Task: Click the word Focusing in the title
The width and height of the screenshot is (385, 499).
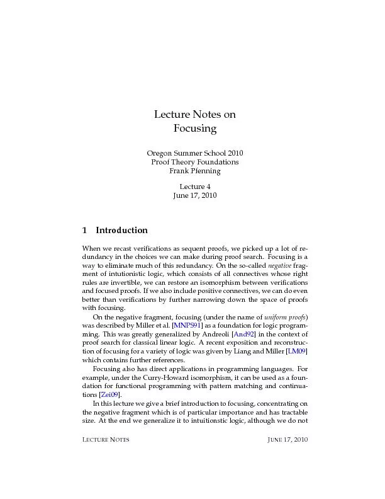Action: tap(194, 129)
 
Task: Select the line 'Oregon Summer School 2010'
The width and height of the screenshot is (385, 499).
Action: tap(194, 153)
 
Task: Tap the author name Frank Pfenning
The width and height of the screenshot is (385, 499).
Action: tap(194, 171)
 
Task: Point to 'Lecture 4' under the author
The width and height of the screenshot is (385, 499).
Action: tap(194, 186)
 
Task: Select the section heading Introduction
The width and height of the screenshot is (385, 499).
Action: tap(121, 230)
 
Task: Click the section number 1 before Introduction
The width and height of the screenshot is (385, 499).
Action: tap(85, 230)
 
